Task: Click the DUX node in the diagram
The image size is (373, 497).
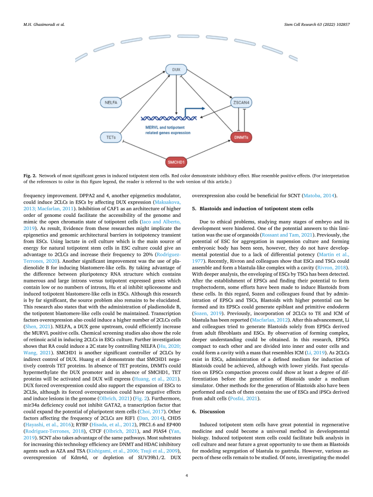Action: [176, 69]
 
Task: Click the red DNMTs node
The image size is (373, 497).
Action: [242, 137]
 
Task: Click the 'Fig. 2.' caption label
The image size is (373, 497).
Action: [31, 175]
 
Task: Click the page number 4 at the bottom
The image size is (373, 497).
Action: [186, 476]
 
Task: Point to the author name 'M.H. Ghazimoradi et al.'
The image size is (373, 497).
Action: [44, 23]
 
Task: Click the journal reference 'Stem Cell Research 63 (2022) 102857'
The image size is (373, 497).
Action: [317, 23]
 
